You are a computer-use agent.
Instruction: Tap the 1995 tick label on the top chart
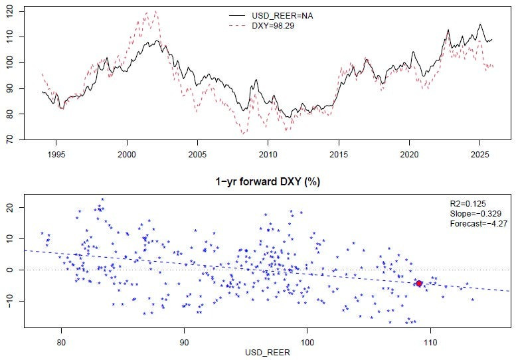[x=56, y=153]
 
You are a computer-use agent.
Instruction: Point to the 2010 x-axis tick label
[x=268, y=153]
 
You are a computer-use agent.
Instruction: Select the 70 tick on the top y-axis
[x=13, y=139]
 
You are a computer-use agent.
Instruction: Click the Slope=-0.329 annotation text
[x=473, y=213]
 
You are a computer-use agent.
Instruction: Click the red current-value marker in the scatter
[x=419, y=284]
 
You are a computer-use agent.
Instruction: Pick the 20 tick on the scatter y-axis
[x=13, y=207]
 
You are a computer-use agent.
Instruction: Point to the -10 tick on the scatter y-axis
[x=13, y=301]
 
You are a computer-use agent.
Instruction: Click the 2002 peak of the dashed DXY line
[x=155, y=11]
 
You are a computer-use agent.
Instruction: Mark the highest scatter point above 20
[x=102, y=199]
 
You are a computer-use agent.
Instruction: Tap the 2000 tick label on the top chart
[x=127, y=153]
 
